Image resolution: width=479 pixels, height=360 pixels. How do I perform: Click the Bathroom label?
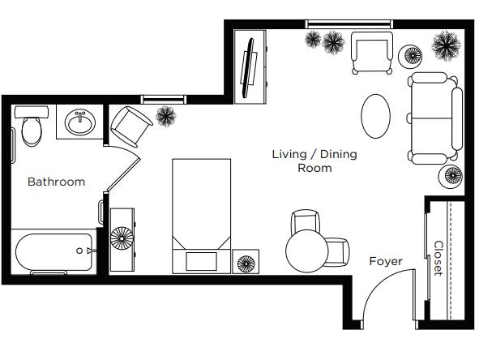pyautogui.click(x=56, y=182)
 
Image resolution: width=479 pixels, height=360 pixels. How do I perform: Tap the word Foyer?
pyautogui.click(x=386, y=262)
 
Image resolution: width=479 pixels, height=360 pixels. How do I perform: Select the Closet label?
pyautogui.click(x=438, y=258)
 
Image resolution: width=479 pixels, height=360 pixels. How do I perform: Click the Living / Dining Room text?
pyautogui.click(x=314, y=161)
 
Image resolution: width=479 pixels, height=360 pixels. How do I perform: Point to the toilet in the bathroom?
pyautogui.click(x=32, y=126)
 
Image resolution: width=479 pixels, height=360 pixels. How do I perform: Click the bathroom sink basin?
pyautogui.click(x=80, y=122)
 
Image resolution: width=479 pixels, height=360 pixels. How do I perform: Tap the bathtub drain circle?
pyautogui.click(x=79, y=251)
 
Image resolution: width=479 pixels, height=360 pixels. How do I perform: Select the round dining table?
pyautogui.click(x=306, y=251)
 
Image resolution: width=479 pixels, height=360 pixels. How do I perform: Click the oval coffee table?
pyautogui.click(x=375, y=116)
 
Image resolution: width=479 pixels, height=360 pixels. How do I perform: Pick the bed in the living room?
pyautogui.click(x=201, y=216)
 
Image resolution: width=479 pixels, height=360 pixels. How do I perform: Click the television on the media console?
pyautogui.click(x=248, y=68)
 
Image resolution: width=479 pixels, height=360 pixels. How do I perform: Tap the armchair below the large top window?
pyautogui.click(x=372, y=53)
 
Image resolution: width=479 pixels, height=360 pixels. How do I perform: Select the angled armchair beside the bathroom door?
pyautogui.click(x=130, y=126)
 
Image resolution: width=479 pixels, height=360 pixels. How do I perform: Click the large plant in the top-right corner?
pyautogui.click(x=446, y=46)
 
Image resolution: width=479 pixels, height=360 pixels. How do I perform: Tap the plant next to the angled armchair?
pyautogui.click(x=166, y=116)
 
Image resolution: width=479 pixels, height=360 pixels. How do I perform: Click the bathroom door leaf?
pyautogui.click(x=123, y=175)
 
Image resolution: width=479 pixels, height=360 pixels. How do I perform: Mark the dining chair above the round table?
pyautogui.click(x=306, y=221)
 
